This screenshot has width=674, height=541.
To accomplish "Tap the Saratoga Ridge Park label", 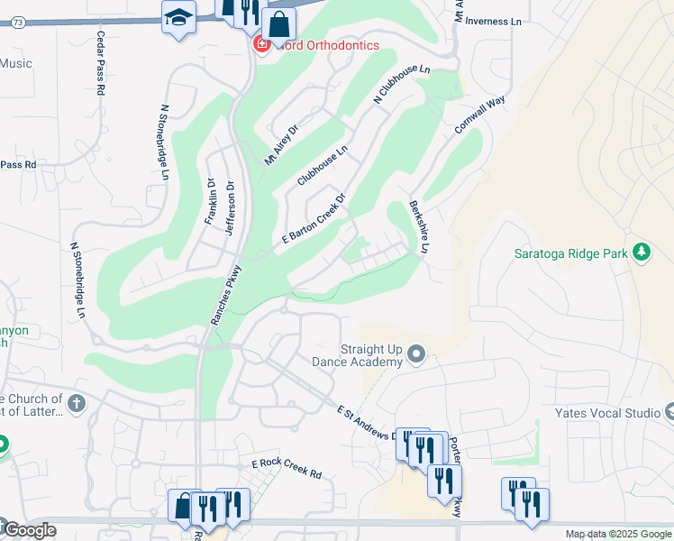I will coord(570,254).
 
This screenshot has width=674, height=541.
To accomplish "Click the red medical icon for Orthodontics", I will coord(262,43).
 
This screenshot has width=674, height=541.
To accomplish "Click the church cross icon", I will coord(76,403).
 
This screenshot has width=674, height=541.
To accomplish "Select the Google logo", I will coord(28,530).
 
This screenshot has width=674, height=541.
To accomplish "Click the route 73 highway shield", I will coord(18,23).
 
